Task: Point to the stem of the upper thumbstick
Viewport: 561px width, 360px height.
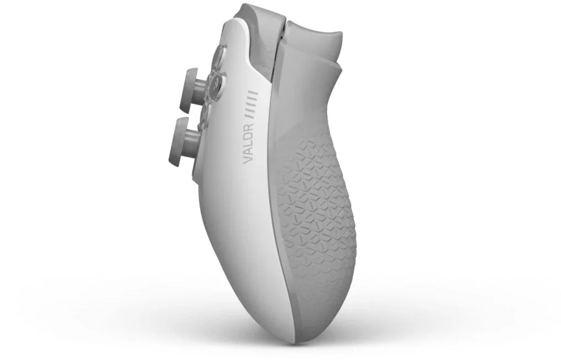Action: (202, 87)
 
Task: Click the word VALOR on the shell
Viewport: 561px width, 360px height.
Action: (248, 143)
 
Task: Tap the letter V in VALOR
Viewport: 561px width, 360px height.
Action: (248, 160)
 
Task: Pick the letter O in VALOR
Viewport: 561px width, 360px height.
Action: (249, 135)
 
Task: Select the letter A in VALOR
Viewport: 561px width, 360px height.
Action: (248, 152)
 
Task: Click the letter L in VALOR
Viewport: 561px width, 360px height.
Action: (248, 143)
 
